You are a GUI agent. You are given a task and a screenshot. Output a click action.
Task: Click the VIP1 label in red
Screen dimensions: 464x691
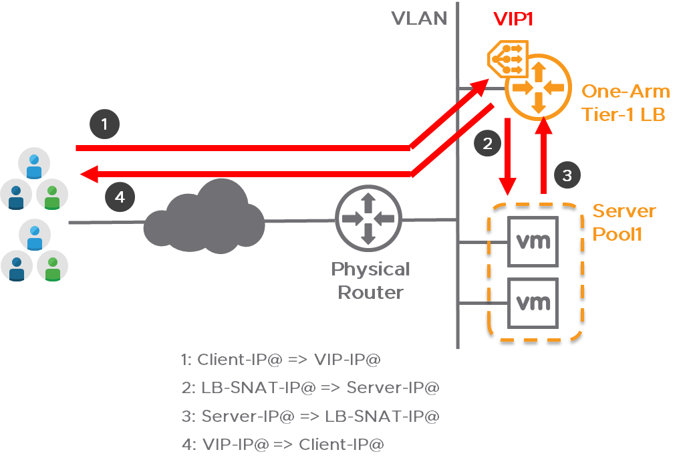(x=513, y=19)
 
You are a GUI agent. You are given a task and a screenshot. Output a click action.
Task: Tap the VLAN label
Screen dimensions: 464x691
(x=419, y=19)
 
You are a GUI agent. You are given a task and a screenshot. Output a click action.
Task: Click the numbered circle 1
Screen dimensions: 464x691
(x=104, y=124)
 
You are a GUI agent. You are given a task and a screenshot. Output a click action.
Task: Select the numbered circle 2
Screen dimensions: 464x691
(x=487, y=142)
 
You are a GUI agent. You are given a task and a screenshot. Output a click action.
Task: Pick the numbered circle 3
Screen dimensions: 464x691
(x=567, y=176)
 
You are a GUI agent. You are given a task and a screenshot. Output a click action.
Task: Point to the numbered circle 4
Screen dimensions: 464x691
(x=120, y=197)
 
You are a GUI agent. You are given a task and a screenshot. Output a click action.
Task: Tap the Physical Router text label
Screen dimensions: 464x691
(x=371, y=281)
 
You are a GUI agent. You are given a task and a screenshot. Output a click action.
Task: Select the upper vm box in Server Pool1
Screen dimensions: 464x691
(x=533, y=241)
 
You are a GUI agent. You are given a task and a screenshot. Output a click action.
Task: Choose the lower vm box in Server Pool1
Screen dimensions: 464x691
(x=533, y=303)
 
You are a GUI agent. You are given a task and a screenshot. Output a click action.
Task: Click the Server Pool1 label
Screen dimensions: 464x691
(x=624, y=223)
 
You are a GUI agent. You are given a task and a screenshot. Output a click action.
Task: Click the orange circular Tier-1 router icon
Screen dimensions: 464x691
(x=538, y=88)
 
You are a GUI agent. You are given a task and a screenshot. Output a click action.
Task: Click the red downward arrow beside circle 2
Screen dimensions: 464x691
(x=509, y=157)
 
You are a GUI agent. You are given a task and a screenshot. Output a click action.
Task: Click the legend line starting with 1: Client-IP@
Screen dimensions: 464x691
(x=281, y=359)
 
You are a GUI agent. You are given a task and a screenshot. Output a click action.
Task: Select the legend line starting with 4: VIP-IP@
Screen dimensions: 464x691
(x=283, y=444)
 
